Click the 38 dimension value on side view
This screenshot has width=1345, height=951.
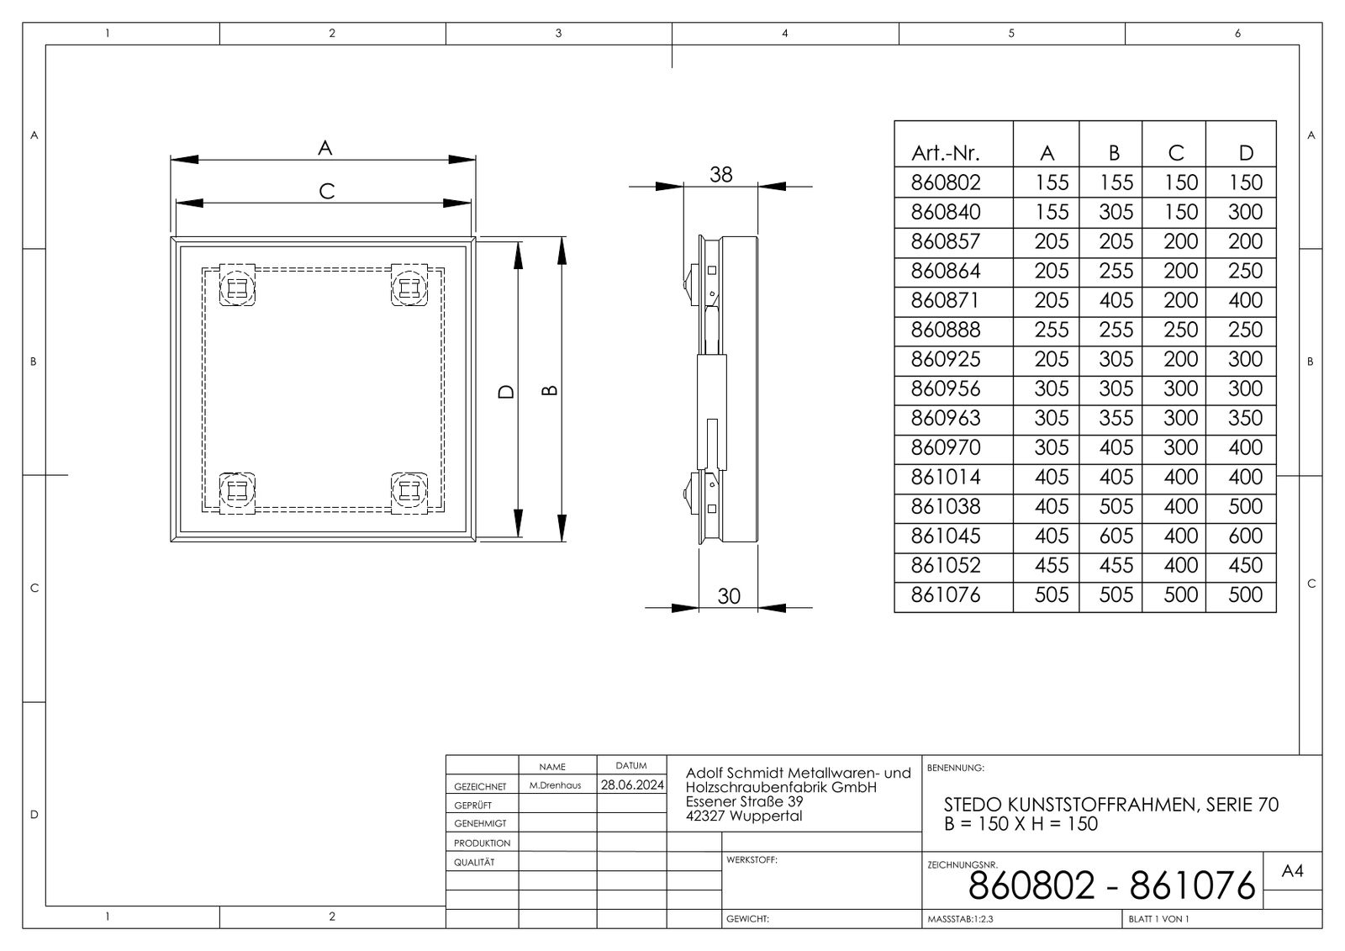coord(720,174)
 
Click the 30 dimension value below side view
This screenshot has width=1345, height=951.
coord(729,595)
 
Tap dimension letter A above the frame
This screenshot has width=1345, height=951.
coord(324,148)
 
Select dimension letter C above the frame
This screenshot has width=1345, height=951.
coord(327,192)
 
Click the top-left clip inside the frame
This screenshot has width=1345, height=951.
coord(237,287)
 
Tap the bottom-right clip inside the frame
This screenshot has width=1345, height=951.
coord(409,490)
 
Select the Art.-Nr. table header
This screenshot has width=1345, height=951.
coord(945,153)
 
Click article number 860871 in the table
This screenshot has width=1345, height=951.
coord(946,300)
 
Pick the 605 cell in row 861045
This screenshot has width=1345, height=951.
coord(1116,536)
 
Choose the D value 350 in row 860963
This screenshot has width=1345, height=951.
coord(1245,418)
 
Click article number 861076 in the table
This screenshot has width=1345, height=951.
coord(946,594)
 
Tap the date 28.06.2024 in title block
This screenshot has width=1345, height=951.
coord(631,785)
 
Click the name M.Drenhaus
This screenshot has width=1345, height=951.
coord(555,785)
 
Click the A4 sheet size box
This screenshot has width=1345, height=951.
coord(1292,872)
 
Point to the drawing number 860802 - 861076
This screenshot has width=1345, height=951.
coord(1111,885)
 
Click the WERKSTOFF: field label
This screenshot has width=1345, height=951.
coord(752,860)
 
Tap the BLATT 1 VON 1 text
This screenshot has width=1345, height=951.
coord(1158,919)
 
